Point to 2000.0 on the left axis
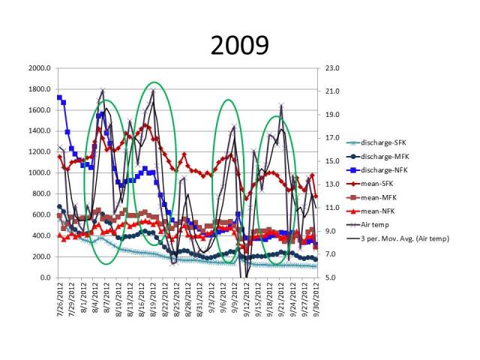click(x=38, y=68)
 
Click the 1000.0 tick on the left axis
click(x=38, y=172)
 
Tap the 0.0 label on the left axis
click(x=44, y=277)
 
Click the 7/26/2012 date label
click(x=59, y=296)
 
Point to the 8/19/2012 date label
click(x=154, y=296)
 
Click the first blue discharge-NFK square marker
click(x=59, y=97)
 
